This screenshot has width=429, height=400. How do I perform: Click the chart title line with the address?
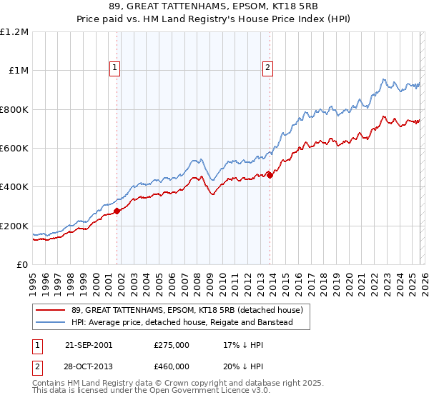(x=214, y=7)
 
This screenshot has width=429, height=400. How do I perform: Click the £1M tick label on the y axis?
(x=16, y=71)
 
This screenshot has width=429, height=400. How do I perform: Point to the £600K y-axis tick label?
(x=14, y=149)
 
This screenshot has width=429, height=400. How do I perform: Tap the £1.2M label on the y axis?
(x=14, y=32)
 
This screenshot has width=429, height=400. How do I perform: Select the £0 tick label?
(x=21, y=264)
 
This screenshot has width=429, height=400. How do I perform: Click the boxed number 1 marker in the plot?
(x=115, y=68)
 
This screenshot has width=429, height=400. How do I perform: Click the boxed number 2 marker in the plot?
(x=267, y=68)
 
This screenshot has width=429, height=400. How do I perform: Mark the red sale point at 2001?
(x=117, y=210)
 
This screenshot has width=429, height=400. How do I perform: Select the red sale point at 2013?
(x=270, y=174)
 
